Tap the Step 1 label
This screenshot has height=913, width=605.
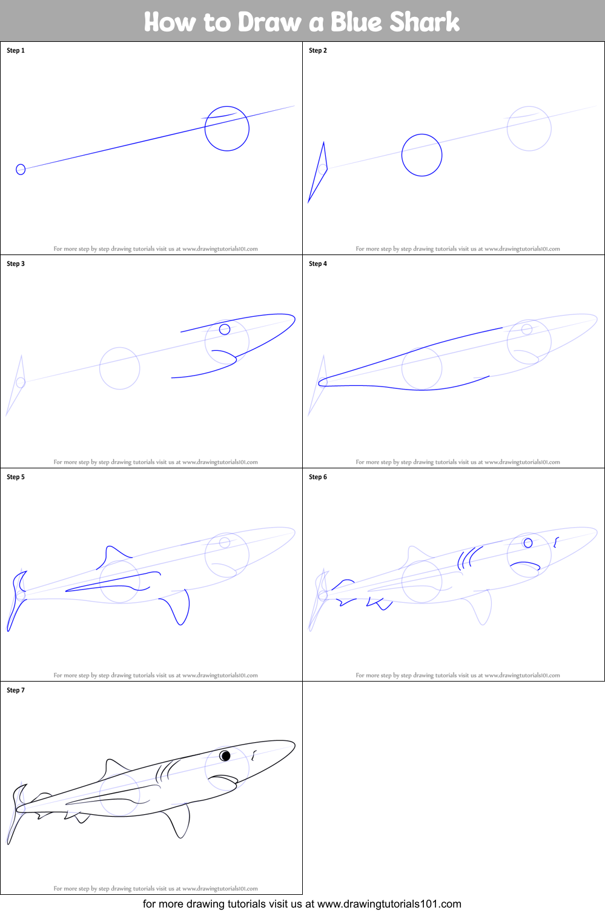click(16, 50)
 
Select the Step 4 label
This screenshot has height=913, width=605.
click(318, 264)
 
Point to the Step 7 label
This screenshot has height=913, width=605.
click(16, 690)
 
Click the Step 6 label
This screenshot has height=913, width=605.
click(318, 477)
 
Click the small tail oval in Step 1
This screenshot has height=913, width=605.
click(21, 169)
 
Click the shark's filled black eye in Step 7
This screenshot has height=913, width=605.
click(225, 755)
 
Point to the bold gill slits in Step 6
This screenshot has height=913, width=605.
click(469, 557)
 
